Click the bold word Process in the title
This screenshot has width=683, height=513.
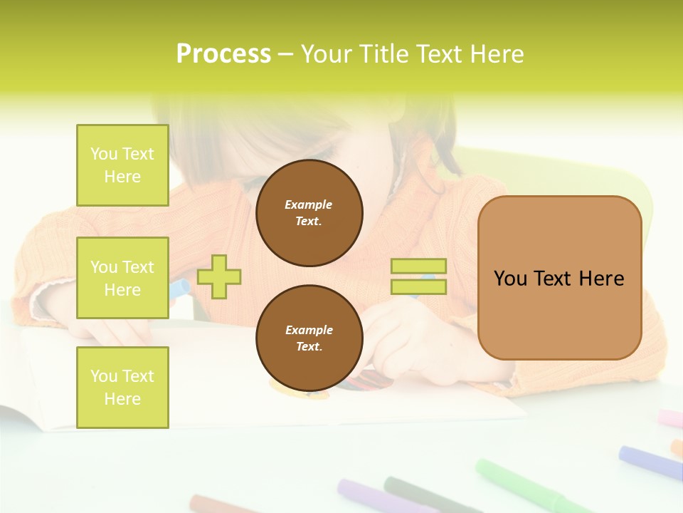pyautogui.click(x=223, y=54)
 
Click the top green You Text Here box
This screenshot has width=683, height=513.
pyautogui.click(x=122, y=165)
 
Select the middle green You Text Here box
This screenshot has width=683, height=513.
pyautogui.click(x=122, y=278)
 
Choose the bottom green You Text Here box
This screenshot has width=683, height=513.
pyautogui.click(x=122, y=387)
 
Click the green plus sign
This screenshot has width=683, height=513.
pyautogui.click(x=219, y=276)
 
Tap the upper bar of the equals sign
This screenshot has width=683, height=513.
pyautogui.click(x=418, y=266)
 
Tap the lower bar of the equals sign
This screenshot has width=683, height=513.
pyautogui.click(x=418, y=286)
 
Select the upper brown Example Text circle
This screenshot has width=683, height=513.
pyautogui.click(x=309, y=213)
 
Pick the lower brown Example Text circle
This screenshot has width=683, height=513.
pyautogui.click(x=309, y=338)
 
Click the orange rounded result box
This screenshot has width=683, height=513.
pyautogui.click(x=559, y=278)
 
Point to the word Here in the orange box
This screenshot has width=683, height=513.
pyautogui.click(x=601, y=279)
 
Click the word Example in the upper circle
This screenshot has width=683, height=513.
pyautogui.click(x=309, y=205)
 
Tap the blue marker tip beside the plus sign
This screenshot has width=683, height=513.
pyautogui.click(x=179, y=289)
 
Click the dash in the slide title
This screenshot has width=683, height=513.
pyautogui.click(x=285, y=55)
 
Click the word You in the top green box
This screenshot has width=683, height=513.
pyautogui.click(x=104, y=154)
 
